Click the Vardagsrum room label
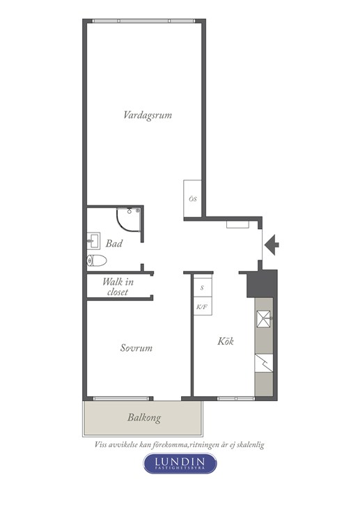tap(148, 116)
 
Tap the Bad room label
tap(114, 243)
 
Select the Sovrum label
tap(136, 347)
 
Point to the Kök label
tap(226, 341)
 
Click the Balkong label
tap(144, 418)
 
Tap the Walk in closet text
tap(118, 287)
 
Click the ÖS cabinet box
tap(192, 198)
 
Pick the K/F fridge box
tap(203, 306)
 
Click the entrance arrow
tap(272, 244)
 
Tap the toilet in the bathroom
tap(97, 260)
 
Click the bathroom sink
tap(93, 241)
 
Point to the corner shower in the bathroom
tap(130, 220)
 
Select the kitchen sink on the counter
tap(264, 319)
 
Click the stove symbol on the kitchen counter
tap(264, 363)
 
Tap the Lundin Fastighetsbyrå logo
tap(180, 463)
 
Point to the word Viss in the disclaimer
tap(101, 444)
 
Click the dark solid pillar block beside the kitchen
tap(262, 283)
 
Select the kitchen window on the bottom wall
tap(236, 398)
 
